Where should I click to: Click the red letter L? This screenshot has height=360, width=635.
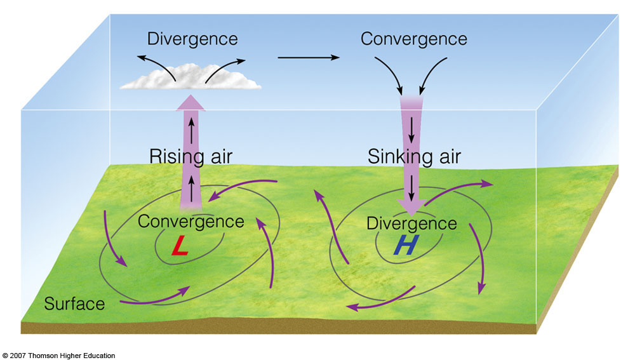(180, 246)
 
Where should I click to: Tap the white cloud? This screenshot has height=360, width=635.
(190, 77)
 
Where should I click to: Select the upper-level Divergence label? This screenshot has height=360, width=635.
(192, 39)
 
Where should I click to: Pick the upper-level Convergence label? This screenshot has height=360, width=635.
(414, 39)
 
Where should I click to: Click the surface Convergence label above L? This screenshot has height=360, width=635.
(190, 222)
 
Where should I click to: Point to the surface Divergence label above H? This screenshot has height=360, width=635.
(411, 223)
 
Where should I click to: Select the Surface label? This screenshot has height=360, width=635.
(74, 303)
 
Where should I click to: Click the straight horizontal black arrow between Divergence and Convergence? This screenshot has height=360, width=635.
(309, 58)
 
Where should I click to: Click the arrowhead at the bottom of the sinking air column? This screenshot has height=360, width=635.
(411, 207)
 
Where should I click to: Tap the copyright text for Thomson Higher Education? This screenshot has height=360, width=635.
(58, 356)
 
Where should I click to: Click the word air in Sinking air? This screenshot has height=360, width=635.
(449, 157)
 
